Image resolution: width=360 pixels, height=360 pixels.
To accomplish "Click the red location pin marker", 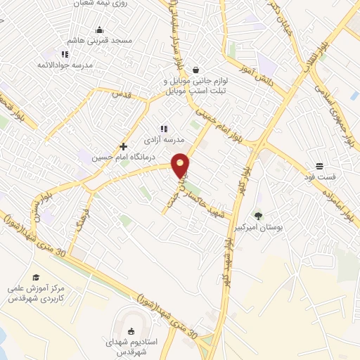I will (180, 165).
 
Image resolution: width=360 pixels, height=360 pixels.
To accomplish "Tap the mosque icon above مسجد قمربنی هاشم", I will (99, 30).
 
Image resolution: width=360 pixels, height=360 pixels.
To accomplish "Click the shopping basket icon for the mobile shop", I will (195, 70).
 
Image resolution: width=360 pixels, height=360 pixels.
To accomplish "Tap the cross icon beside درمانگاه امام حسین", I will (123, 146).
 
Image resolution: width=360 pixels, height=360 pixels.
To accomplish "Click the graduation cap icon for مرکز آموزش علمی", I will (36, 277).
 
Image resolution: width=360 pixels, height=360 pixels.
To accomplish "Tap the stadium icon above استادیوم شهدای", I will (130, 331).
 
